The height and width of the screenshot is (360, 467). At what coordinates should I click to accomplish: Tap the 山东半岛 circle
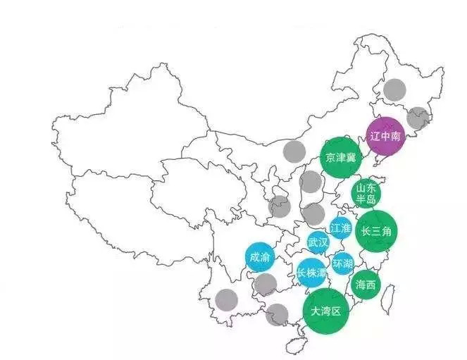[366, 193]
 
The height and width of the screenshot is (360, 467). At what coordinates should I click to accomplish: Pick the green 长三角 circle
[376, 230]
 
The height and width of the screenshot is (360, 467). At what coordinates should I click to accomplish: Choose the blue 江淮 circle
[340, 228]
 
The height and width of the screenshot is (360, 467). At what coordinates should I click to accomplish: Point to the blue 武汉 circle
[318, 242]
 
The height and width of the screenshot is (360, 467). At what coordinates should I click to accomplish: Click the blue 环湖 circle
[343, 263]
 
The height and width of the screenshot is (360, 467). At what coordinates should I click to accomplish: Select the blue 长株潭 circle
[311, 272]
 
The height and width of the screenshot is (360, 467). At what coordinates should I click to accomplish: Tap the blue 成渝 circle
[259, 257]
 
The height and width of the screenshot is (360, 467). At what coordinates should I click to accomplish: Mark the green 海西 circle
[366, 285]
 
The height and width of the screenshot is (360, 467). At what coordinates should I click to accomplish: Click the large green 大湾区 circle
[325, 310]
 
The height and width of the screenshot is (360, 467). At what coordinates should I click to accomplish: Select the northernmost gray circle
[394, 89]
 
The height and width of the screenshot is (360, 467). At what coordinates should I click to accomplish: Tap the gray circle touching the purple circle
[418, 118]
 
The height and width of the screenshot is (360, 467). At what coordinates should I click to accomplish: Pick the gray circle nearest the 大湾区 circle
[278, 314]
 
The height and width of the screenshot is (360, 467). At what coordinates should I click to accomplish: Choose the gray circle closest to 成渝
[265, 285]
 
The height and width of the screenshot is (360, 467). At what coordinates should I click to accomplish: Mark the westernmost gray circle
[226, 299]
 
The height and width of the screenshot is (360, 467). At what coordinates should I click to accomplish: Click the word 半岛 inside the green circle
[366, 199]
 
